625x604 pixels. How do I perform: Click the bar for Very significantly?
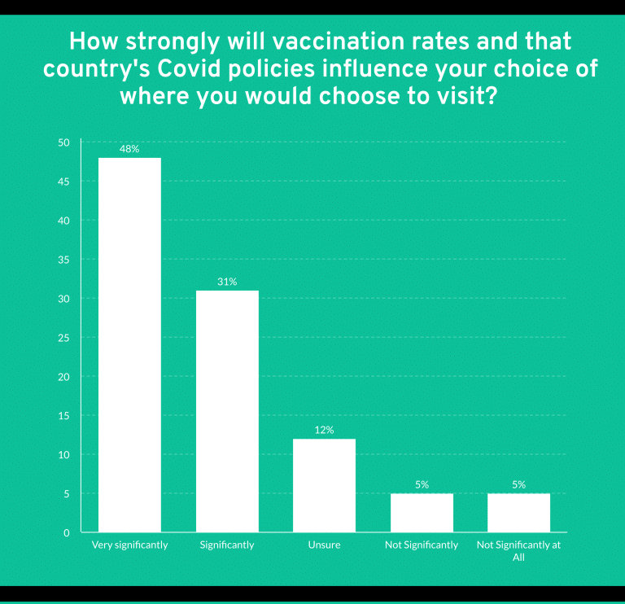129,345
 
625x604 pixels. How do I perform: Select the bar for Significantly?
227,411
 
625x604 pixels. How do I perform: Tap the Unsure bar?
324,485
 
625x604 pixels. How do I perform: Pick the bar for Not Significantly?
422,513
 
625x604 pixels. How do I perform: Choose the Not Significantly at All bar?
518,513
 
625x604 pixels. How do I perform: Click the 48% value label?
129,149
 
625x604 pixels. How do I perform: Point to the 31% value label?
227,282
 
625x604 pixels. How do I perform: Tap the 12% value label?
324,430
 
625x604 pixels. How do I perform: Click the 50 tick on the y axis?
63,142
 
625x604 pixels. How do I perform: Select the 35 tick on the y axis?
63,260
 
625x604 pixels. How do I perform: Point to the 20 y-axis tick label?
63,377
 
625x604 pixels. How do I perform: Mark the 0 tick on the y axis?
67,532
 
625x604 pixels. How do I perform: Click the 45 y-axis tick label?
63,182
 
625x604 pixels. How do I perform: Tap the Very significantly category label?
130,545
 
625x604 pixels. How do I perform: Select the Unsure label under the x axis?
324,545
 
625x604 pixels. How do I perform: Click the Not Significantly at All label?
518,550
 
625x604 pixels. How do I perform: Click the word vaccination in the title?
316,41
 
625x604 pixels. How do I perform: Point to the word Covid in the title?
189,68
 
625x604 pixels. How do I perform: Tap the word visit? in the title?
468,96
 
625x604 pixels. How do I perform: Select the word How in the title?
94,41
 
